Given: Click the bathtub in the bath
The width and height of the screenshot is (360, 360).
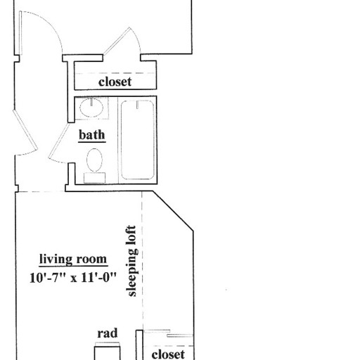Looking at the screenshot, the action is [137, 140].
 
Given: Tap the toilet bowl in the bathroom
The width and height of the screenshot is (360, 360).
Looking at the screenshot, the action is [94, 160].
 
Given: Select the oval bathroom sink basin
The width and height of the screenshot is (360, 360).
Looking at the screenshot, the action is [91, 108].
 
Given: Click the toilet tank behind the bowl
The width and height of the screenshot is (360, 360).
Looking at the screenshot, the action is [94, 178].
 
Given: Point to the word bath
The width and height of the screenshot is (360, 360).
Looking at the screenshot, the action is [92, 135].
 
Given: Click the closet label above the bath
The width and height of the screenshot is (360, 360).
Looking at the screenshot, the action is [115, 82].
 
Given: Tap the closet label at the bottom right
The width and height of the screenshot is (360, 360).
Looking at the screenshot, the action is [168, 354].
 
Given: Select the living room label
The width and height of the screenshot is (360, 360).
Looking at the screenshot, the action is [73, 259].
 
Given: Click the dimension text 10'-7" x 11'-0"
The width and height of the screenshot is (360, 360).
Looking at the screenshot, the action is [73, 278].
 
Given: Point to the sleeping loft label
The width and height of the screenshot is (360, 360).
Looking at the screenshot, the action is [131, 261].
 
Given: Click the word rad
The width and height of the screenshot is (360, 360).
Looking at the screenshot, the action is [108, 333].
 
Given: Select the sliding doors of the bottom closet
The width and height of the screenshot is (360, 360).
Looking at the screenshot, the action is [169, 333].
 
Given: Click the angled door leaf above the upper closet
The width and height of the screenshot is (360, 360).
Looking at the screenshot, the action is [117, 41].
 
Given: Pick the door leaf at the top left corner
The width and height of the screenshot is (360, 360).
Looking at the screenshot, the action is [20, 33].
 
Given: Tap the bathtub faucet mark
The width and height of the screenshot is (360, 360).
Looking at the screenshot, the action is [137, 105].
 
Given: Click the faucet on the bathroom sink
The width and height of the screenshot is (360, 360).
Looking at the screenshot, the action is [91, 102].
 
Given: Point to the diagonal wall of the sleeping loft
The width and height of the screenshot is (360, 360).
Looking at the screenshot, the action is [173, 211].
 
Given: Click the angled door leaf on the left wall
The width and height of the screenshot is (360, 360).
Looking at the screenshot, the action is [25, 129].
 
